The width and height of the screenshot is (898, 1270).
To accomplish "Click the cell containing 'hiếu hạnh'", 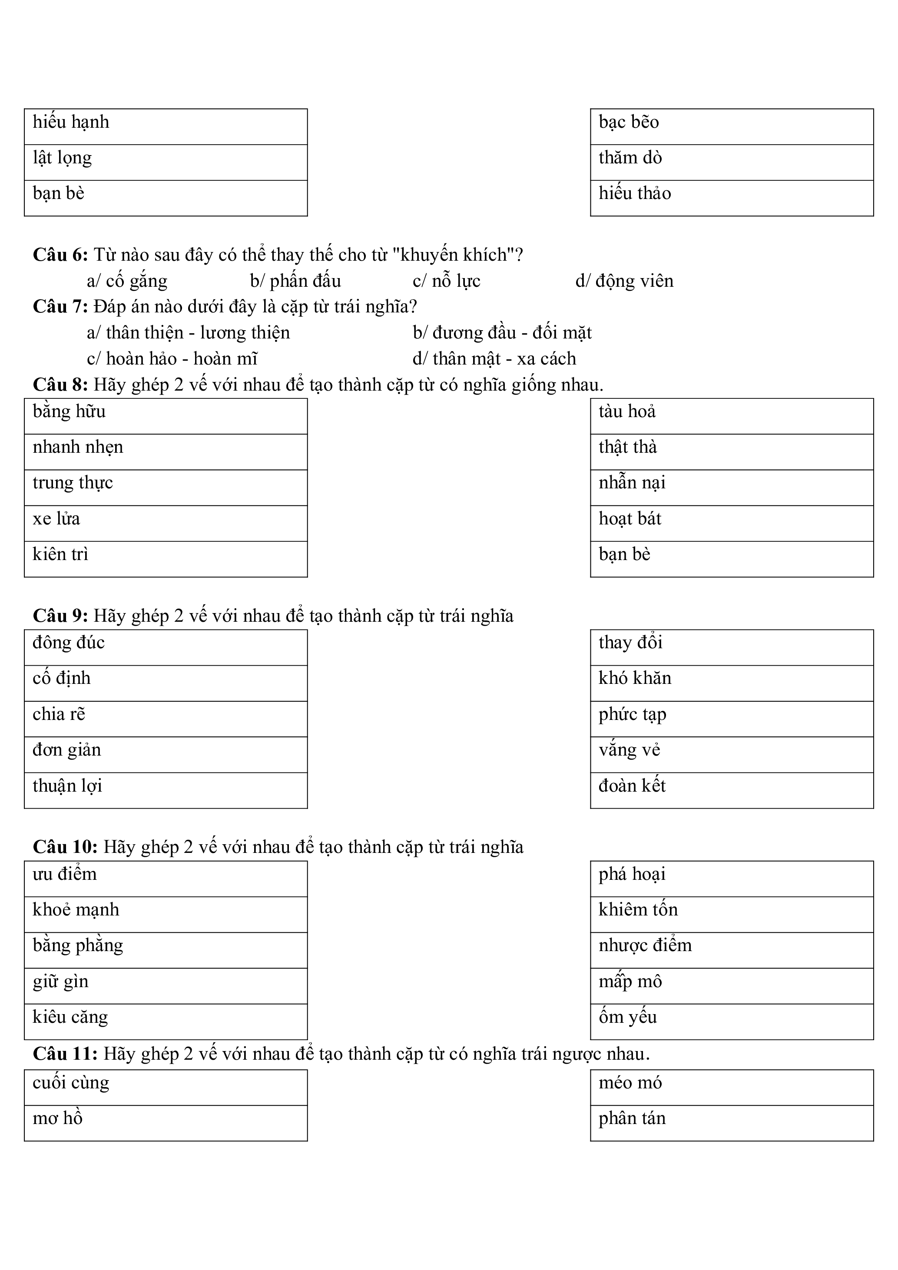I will [166, 127].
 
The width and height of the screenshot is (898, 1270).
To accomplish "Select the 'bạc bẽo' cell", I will [732, 127].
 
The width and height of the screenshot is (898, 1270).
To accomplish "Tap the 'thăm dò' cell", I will [732, 162].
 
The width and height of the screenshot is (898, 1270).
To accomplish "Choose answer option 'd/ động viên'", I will [624, 281].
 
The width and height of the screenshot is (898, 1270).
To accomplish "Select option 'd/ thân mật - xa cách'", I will [494, 358].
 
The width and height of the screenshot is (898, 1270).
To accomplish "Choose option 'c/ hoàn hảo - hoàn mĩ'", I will [172, 358].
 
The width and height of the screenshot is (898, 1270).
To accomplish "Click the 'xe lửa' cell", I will [166, 523].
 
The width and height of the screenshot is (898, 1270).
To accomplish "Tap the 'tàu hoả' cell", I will [732, 416].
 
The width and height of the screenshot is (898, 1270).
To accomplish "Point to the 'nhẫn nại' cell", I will [732, 487].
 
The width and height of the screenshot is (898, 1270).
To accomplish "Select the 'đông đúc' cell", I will [166, 647].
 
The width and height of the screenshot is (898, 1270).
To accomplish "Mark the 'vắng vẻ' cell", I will [732, 754].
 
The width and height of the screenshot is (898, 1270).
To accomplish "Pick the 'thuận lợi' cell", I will [166, 790].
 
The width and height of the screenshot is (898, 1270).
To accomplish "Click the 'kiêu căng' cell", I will [166, 1021].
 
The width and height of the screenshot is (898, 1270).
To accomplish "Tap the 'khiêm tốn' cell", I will [732, 914].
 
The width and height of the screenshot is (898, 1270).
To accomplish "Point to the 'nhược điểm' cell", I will [732, 950].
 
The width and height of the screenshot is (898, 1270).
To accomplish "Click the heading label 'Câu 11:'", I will [65, 1054].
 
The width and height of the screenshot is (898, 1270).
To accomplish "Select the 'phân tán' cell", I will [732, 1123].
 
